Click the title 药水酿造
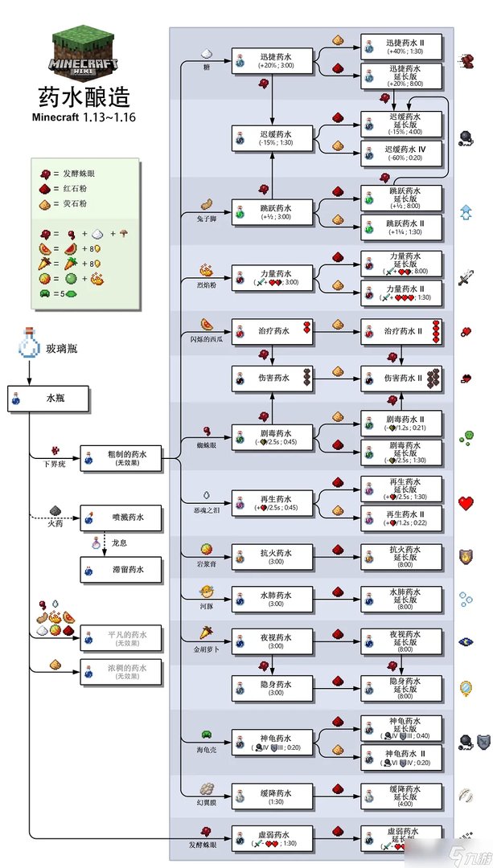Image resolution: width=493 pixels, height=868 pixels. coord(84,98)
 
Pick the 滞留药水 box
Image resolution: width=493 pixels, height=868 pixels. coord(121,569)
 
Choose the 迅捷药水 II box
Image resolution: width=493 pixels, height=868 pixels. coord(401,47)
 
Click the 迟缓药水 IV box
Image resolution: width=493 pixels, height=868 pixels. coord(401,153)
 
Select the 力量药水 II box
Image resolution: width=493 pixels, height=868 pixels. coord(401,293)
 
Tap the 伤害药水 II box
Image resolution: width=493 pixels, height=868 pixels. coord(401,377)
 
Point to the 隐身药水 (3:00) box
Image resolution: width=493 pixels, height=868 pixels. coord(273,687)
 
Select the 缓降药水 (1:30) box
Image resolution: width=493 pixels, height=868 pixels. coord(273,796)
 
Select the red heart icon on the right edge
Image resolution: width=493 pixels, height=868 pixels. coord(466,504)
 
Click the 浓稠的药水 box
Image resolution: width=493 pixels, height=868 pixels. coord(121,671)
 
